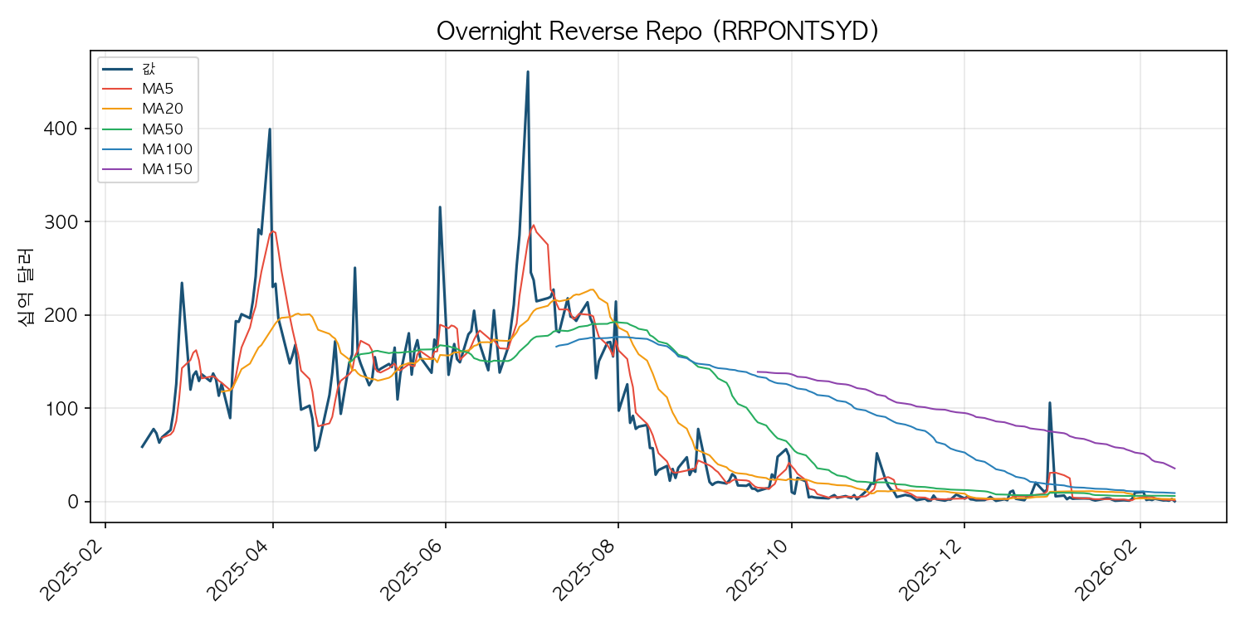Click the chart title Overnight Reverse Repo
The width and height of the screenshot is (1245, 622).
pos(657,32)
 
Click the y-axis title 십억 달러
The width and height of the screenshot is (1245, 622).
pos(25,286)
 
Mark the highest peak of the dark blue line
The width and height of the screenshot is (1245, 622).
pos(528,72)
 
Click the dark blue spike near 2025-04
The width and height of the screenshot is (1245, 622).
pos(270,129)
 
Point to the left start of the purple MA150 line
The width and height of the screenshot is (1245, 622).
pos(758,372)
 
